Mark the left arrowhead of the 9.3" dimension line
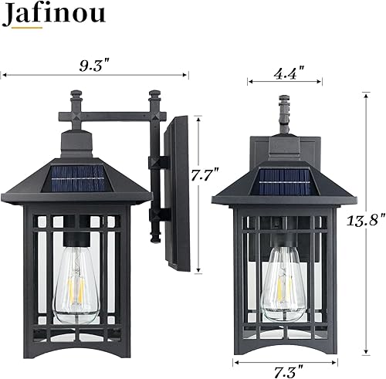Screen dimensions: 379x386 click(3, 75)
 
